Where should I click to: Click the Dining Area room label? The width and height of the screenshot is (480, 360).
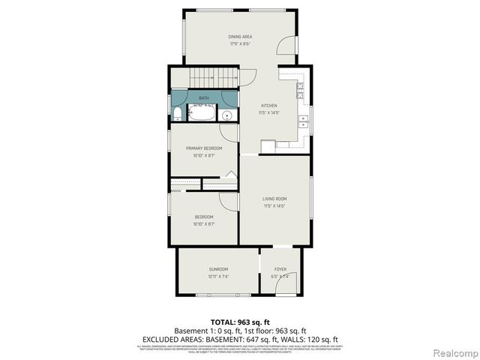pyautogui.click(x=240, y=37)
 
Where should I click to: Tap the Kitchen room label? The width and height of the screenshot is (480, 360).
pyautogui.click(x=268, y=106)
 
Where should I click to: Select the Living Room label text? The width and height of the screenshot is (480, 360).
pyautogui.click(x=274, y=199)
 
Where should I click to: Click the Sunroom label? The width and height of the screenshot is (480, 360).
pyautogui.click(x=218, y=269)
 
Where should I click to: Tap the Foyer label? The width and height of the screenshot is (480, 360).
pyautogui.click(x=280, y=269)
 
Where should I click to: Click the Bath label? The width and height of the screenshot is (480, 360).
pyautogui.click(x=204, y=98)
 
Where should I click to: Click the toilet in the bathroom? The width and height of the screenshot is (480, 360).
pyautogui.click(x=177, y=114)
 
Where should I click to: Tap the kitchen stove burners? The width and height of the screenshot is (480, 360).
pyautogui.click(x=301, y=91)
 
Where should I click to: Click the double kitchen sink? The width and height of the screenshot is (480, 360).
pyautogui.click(x=301, y=120)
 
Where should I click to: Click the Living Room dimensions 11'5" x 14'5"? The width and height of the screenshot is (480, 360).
pyautogui.click(x=274, y=205)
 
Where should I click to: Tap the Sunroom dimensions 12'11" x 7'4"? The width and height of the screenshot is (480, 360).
pyautogui.click(x=218, y=276)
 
